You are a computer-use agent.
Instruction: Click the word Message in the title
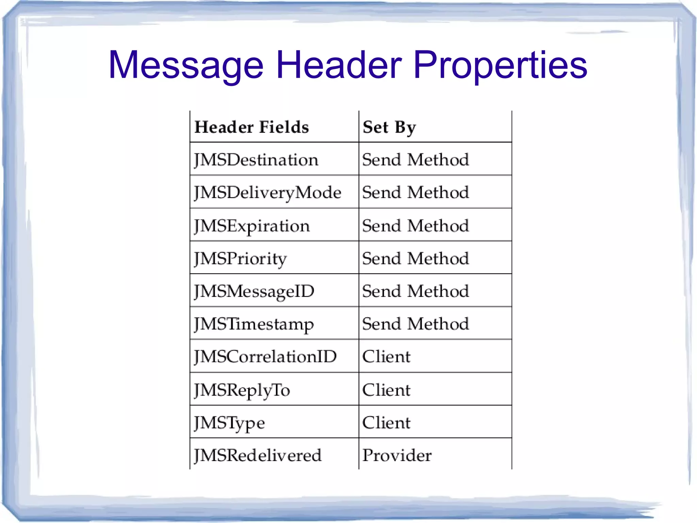point(186,65)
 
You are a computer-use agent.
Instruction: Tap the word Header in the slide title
point(339,64)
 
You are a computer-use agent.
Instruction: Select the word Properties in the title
point(500,65)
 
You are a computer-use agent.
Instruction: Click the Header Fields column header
point(252,127)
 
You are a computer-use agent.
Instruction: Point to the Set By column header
point(389,127)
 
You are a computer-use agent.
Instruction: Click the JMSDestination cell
point(256,160)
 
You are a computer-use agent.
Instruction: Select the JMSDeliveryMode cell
point(268,193)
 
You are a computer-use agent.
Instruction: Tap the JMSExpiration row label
point(252,226)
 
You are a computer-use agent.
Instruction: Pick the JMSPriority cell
point(240,259)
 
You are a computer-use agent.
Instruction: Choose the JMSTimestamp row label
point(254,324)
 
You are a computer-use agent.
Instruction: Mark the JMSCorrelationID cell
point(265,357)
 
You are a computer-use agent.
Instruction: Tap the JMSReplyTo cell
point(242,390)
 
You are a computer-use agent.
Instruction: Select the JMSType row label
point(229,423)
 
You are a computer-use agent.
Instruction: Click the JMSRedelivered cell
point(258,456)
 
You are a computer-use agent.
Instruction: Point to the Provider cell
point(397,456)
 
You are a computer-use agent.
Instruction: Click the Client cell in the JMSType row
point(386,423)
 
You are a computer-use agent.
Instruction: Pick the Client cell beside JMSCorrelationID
point(386,357)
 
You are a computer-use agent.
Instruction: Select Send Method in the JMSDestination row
point(416,160)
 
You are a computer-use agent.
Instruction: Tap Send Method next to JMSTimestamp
point(416,324)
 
